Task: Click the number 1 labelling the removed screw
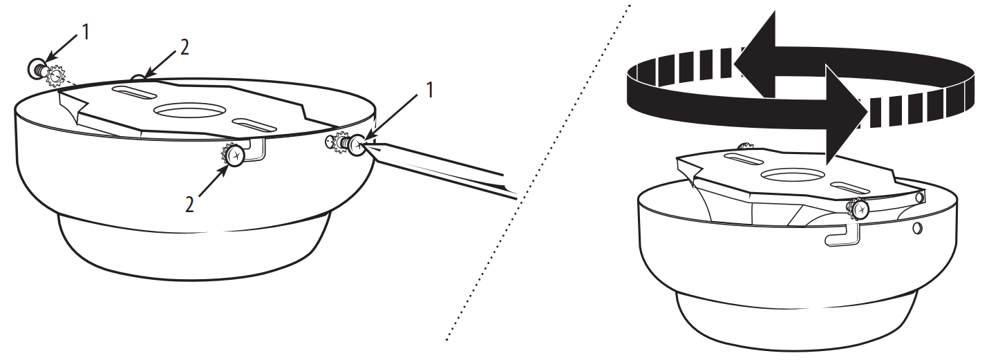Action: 85,33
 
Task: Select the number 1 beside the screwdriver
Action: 429,91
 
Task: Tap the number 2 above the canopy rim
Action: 183,48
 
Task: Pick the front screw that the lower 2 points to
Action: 234,156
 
